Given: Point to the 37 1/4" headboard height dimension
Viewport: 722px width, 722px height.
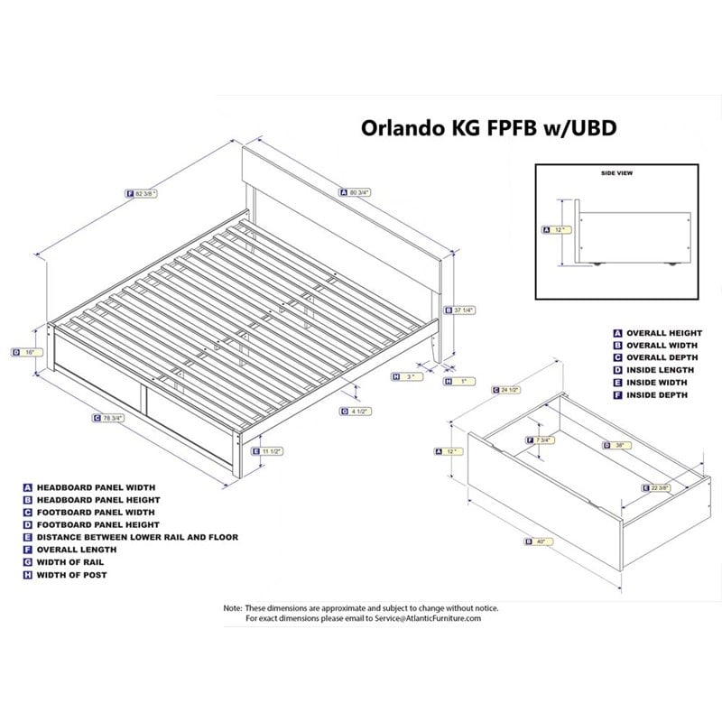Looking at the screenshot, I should pyautogui.click(x=461, y=311).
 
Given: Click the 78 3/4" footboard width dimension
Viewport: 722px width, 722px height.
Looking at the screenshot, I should pyautogui.click(x=113, y=418).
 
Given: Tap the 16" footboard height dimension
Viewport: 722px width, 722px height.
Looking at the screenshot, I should pyautogui.click(x=29, y=352).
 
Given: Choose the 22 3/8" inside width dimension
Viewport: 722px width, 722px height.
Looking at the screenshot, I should pyautogui.click(x=661, y=488).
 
